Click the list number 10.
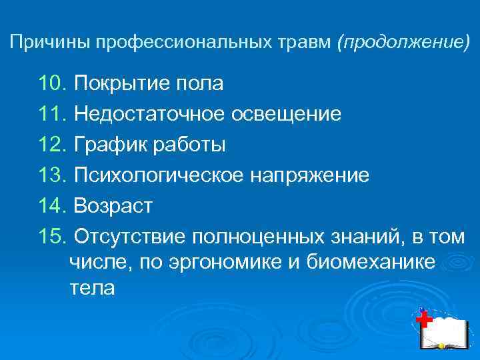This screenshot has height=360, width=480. point(53,84)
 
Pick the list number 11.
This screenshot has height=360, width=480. point(53,114)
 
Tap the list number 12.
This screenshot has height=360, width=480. point(53,144)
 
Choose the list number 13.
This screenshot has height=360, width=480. point(53,175)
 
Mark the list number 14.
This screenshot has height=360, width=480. point(53,206)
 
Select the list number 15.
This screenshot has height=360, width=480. point(53,236)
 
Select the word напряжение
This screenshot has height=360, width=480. point(309,175)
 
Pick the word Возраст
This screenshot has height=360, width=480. point(113,206)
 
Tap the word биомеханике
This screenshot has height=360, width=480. point(371,263)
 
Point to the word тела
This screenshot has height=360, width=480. point(92,289)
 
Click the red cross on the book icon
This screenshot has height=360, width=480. point(423,320)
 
